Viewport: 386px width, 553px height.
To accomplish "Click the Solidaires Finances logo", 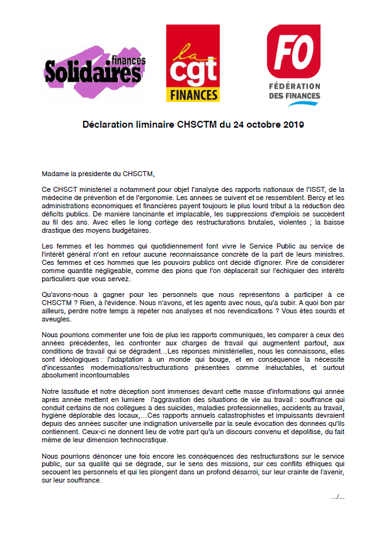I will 94,69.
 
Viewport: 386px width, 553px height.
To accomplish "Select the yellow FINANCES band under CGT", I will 193,94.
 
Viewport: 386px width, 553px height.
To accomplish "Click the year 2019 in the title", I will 293,125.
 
